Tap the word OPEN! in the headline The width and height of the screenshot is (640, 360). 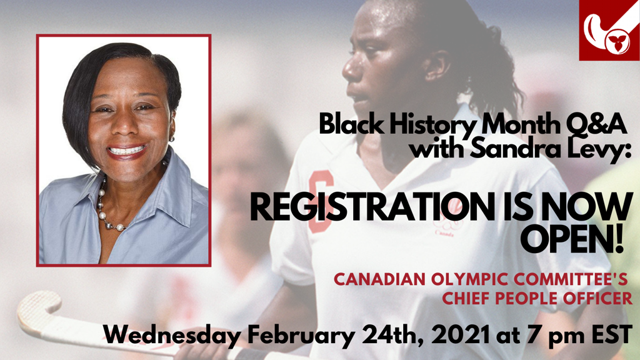[572, 239]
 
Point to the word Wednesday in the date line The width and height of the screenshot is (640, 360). [172, 335]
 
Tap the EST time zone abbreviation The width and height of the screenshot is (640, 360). [612, 335]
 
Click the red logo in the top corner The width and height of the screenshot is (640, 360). [609, 30]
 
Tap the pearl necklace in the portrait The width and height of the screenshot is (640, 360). [107, 209]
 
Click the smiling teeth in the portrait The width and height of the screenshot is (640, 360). [126, 150]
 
